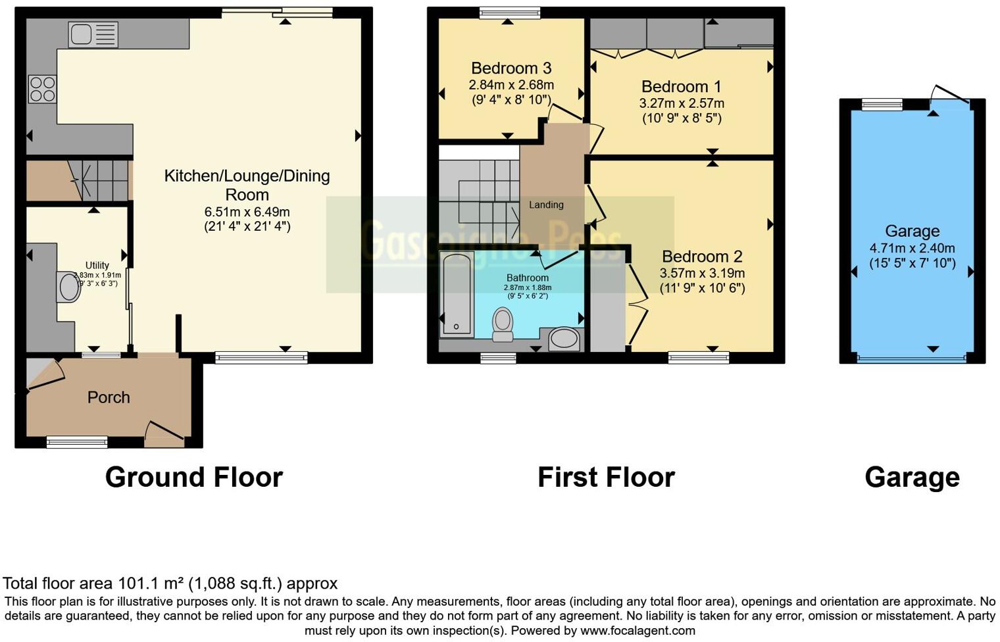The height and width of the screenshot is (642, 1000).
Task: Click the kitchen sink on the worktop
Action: point(93,34)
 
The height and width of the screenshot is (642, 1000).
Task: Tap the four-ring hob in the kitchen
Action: point(42,89)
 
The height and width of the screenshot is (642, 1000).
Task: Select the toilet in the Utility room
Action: point(68,287)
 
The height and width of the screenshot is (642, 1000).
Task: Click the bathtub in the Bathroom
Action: point(456,295)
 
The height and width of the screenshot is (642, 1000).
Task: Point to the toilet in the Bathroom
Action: point(503,325)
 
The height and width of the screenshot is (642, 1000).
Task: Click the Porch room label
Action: point(109,397)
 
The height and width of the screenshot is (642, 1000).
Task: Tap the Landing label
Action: point(546,205)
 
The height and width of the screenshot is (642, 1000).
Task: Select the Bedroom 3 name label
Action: point(511,68)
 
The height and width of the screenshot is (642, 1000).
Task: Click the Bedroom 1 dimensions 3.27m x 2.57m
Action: point(682,103)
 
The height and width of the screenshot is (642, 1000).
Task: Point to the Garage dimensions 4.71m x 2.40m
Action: point(912,248)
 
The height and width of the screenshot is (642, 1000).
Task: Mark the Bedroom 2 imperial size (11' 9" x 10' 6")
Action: point(702,288)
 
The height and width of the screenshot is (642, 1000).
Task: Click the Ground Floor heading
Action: point(194,477)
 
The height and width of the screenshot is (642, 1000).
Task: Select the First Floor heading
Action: point(606,477)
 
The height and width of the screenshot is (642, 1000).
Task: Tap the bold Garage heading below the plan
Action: point(912,477)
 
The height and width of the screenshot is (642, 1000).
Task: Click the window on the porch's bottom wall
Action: point(77,442)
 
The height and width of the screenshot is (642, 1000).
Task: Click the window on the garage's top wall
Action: point(882,103)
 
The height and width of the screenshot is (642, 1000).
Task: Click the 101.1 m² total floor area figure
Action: point(151,583)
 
